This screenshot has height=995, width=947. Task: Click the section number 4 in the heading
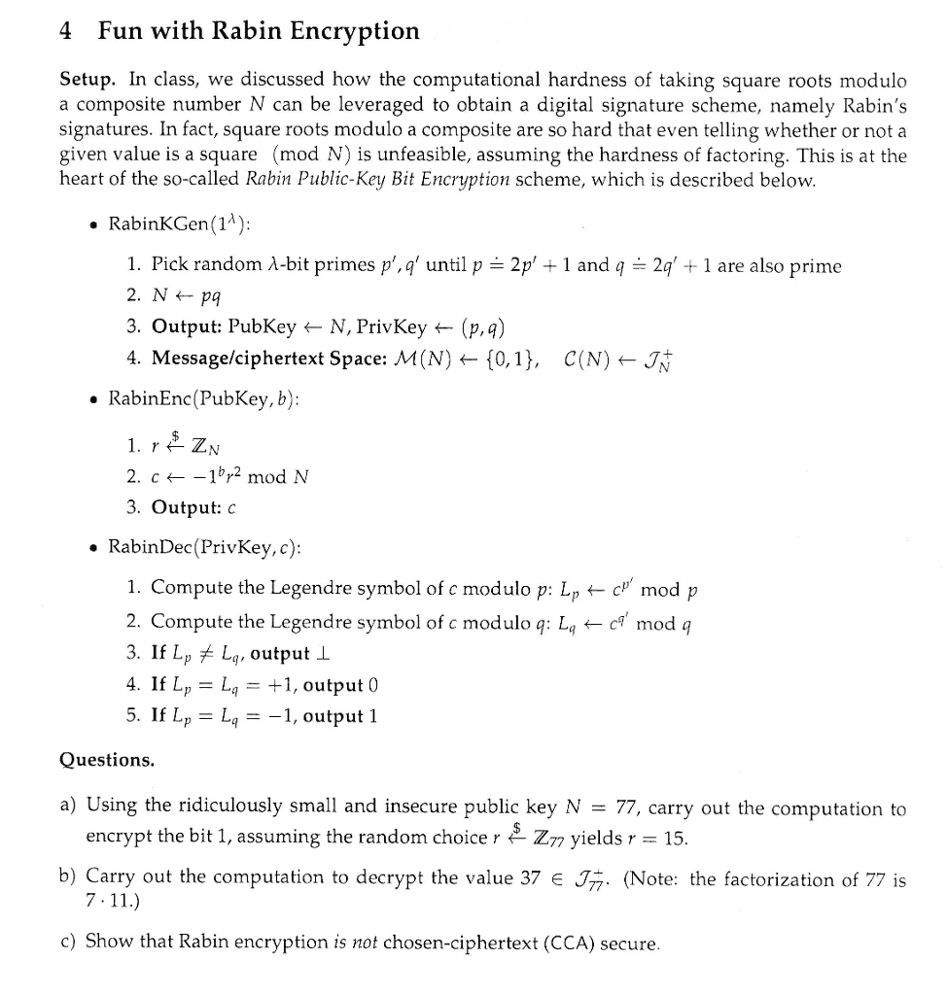point(66,31)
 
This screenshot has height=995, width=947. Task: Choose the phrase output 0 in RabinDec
point(341,685)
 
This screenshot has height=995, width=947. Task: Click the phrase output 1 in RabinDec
point(341,716)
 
